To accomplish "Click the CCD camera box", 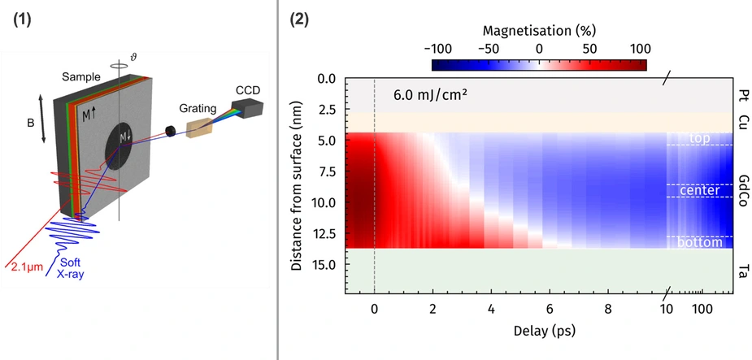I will (244, 107).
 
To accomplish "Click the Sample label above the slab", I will (80, 76).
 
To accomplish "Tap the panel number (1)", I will (22, 20).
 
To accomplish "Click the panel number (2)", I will (300, 20).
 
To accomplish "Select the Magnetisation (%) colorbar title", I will (539, 31).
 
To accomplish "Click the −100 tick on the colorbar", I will (432, 49).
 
